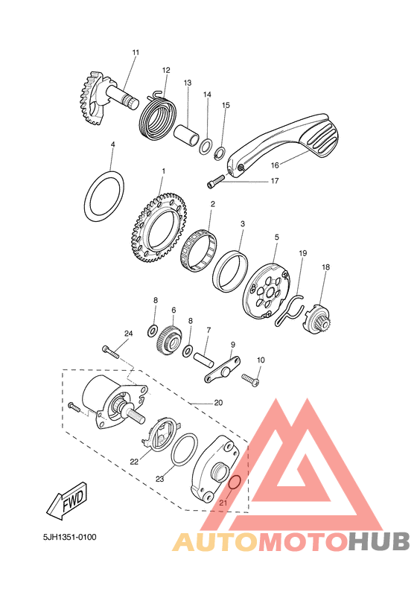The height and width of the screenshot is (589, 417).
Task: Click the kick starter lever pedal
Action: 285,143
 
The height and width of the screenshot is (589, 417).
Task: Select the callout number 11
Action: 136,52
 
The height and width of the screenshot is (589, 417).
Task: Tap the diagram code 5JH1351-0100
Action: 70,537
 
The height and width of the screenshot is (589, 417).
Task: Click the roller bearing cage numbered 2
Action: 199,250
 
